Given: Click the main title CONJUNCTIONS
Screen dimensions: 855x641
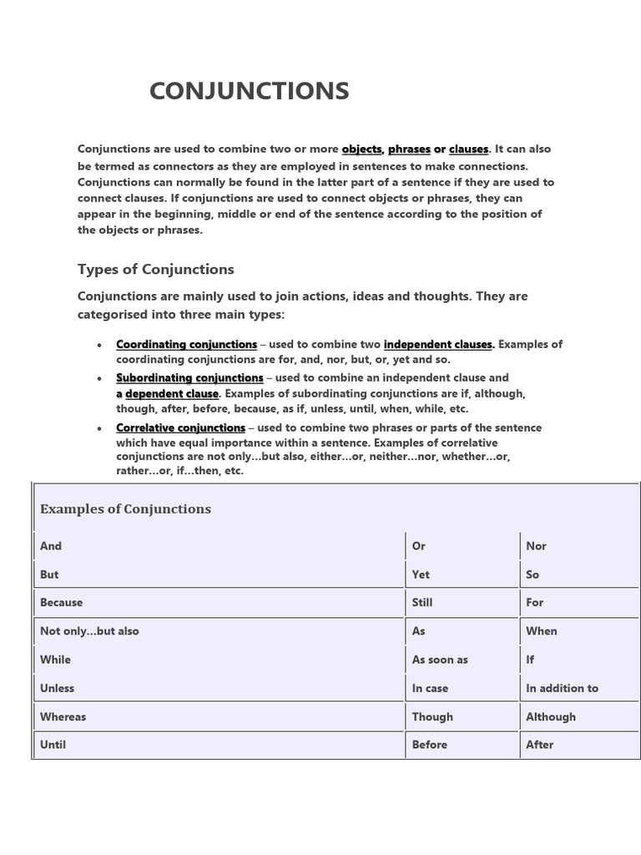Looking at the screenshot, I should click(x=249, y=91).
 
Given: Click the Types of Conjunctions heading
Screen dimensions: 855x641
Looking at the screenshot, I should click(x=155, y=269).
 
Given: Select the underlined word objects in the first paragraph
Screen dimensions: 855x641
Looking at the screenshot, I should click(x=361, y=149).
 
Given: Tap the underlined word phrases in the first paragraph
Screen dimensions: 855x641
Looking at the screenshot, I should click(x=409, y=149).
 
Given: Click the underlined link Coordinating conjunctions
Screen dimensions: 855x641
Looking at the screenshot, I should click(x=186, y=344).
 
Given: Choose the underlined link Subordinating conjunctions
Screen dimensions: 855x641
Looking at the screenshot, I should click(x=189, y=377).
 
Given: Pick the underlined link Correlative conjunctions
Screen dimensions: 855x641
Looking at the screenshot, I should click(x=180, y=427).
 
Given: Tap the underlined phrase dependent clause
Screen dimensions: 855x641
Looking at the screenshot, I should click(x=172, y=393).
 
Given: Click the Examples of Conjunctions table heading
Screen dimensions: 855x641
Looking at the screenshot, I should click(x=125, y=509).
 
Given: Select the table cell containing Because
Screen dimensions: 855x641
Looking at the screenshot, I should click(x=62, y=602).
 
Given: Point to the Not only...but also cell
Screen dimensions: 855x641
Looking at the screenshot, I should click(x=89, y=631).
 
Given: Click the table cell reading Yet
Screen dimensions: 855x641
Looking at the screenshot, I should click(x=421, y=574).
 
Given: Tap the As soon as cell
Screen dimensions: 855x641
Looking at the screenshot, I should click(x=440, y=660).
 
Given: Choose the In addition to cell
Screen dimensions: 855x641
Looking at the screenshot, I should click(x=562, y=688).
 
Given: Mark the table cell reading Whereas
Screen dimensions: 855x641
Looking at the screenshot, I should click(x=63, y=716).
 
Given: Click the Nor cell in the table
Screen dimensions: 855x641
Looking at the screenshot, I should click(x=536, y=546).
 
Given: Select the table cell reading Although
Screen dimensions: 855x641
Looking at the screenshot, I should click(x=551, y=716).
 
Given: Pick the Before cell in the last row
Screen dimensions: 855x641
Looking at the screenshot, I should click(x=429, y=745).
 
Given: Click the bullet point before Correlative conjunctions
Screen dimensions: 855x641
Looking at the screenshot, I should click(x=100, y=428).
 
